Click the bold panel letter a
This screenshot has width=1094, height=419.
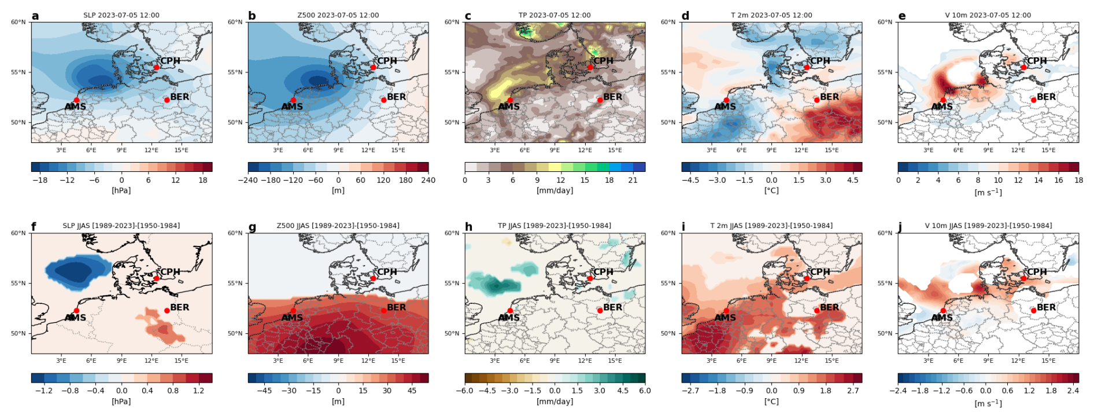[35, 16]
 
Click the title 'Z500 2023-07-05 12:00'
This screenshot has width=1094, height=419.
[338, 15]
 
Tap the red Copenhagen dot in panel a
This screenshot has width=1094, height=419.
[156, 67]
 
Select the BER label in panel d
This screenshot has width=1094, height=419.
[829, 97]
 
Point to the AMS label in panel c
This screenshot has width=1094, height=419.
[509, 106]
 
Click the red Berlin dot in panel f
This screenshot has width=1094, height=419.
[167, 311]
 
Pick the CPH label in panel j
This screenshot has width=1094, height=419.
[1036, 271]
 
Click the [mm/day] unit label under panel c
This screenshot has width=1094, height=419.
[555, 190]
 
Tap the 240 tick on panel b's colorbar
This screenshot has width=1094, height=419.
[428, 180]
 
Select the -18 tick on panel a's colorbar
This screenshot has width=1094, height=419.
[40, 180]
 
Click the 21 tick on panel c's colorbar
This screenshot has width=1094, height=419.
[633, 180]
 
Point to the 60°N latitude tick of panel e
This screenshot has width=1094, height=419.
[885, 22]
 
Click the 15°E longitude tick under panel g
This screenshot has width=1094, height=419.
[398, 361]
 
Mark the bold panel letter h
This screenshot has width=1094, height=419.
[468, 227]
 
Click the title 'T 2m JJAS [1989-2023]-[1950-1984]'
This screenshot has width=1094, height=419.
[771, 226]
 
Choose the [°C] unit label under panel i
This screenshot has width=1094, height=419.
[771, 401]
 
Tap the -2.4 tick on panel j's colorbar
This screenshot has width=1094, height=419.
[899, 391]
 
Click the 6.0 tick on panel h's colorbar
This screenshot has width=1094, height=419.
[644, 391]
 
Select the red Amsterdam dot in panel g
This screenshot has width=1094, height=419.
[293, 311]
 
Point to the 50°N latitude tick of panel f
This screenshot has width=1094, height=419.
[19, 333]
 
